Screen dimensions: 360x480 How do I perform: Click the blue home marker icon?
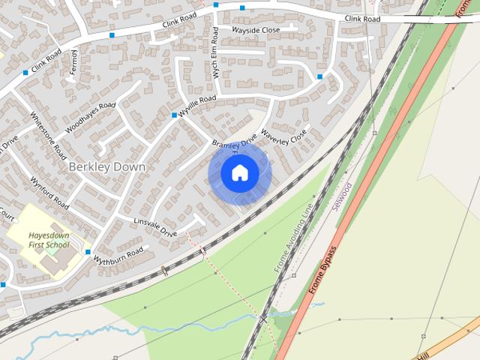[239, 173]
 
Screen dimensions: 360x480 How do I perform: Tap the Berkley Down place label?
[106, 166]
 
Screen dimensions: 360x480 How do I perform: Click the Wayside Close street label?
[256, 30]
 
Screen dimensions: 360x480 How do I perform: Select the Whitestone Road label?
[48, 136]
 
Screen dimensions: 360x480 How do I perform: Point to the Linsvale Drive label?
[155, 228]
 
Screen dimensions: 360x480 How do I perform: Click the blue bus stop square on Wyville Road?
[174, 115]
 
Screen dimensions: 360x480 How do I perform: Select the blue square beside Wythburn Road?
[88, 252]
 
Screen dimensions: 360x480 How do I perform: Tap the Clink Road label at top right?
[363, 18]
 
